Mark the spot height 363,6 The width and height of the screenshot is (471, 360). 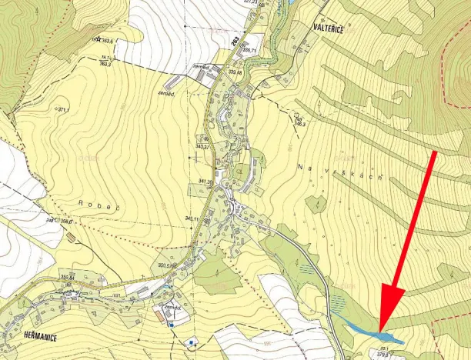[107, 41]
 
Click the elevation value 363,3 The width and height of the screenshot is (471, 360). [105, 64]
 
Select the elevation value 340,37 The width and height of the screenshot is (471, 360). [203, 146]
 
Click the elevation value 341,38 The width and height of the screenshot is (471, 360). [205, 182]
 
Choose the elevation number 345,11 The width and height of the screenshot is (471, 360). [192, 219]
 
